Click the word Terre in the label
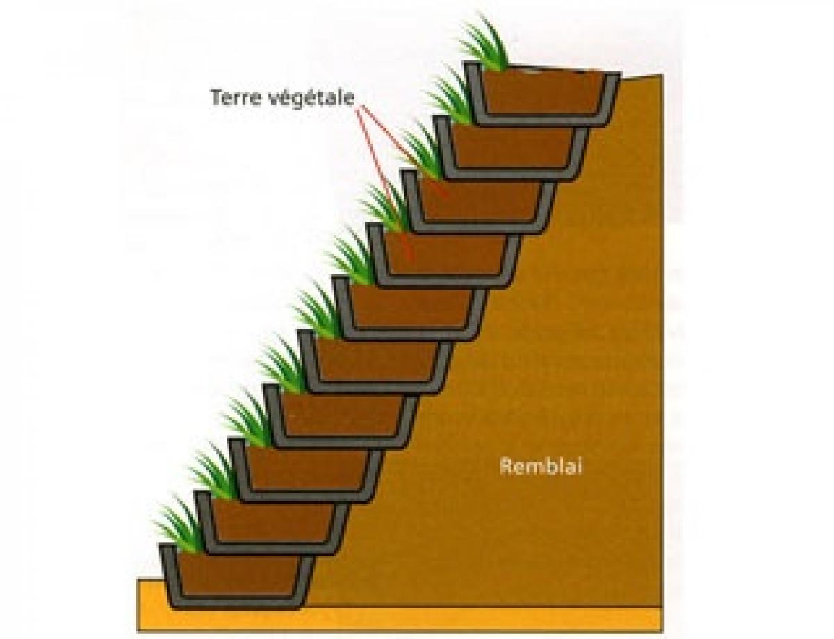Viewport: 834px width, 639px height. point(234,97)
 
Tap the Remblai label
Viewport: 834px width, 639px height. point(541,467)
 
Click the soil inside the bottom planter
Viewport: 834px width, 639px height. point(238,576)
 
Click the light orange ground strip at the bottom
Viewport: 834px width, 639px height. point(399,620)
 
